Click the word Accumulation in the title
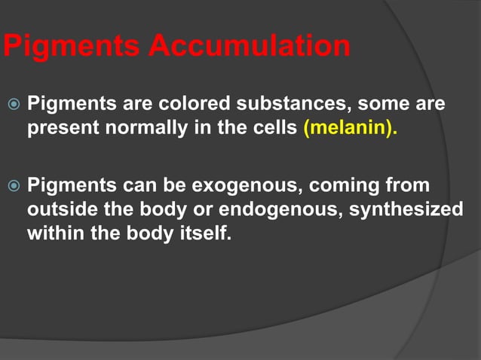[x=249, y=47]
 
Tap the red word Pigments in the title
[x=72, y=47]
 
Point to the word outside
[x=58, y=209]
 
